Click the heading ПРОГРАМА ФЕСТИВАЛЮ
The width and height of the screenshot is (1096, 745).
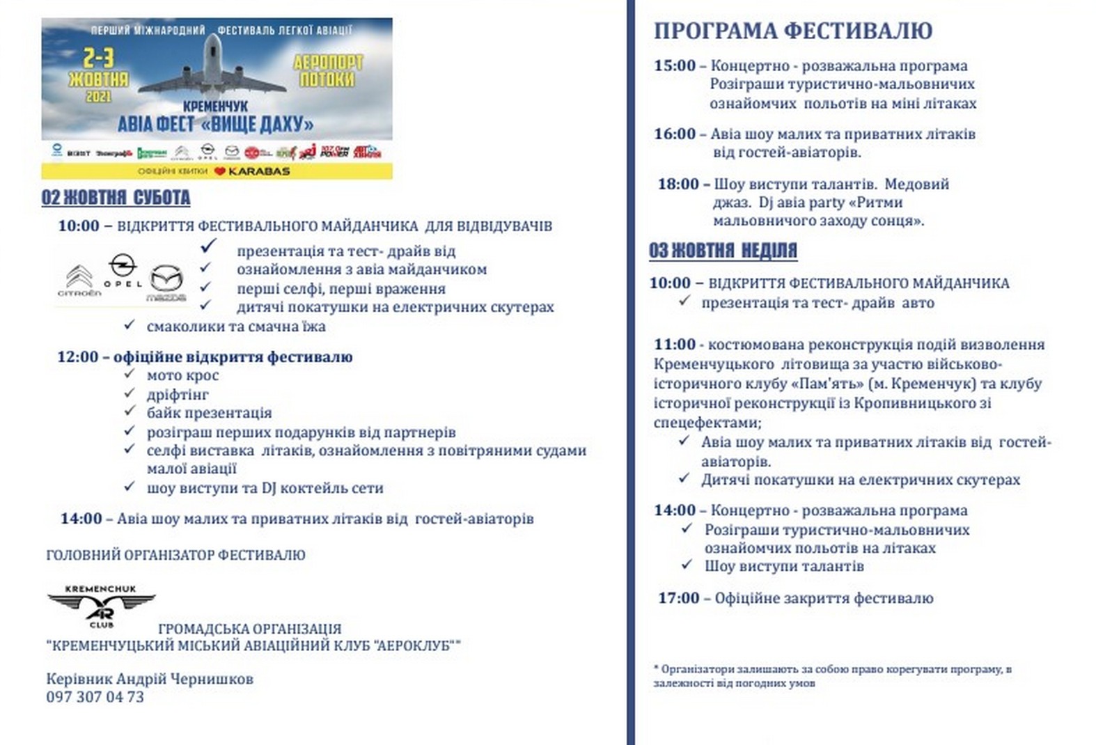pos(792,31)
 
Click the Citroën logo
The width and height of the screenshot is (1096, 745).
pos(79,281)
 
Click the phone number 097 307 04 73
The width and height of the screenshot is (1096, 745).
pos(95,697)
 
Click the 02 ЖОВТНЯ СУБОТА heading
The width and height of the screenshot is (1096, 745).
pos(116,198)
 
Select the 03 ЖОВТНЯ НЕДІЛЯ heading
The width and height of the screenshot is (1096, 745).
pos(723,250)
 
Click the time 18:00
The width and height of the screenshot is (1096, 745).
pos(678,185)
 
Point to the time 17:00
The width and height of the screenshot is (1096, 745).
pos(678,598)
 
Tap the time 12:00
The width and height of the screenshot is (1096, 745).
pos(78,357)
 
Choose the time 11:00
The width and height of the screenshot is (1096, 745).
pos(674,345)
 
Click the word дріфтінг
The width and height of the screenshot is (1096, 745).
pos(178,395)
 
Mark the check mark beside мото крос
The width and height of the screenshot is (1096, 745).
pos(130,375)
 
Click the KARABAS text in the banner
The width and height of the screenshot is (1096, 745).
pos(259,171)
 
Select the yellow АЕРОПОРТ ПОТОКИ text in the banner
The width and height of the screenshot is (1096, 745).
pos(327,71)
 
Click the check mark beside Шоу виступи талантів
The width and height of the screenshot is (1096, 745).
pos(687,565)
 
